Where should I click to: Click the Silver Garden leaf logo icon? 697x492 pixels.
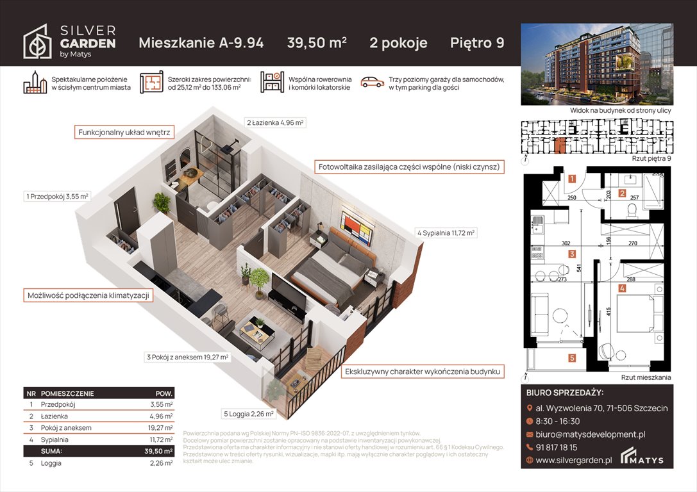pos(37,42)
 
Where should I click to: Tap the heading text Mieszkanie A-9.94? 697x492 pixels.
pos(201,43)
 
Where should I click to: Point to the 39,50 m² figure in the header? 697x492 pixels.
pos(316,43)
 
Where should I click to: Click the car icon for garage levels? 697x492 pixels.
pos(371,82)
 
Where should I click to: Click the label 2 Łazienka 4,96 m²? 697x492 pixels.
pos(275,122)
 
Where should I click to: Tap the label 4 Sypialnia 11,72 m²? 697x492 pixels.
pos(446,233)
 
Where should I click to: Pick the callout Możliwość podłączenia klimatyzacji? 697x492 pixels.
pos(88,295)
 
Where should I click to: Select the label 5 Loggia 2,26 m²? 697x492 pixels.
pos(249,414)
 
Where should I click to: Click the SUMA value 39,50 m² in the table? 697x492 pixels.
pos(158,451)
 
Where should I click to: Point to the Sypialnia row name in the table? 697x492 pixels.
pos(55,439)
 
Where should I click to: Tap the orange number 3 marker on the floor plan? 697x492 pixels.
pos(571,254)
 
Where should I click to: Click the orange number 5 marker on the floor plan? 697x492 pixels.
pos(571,358)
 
